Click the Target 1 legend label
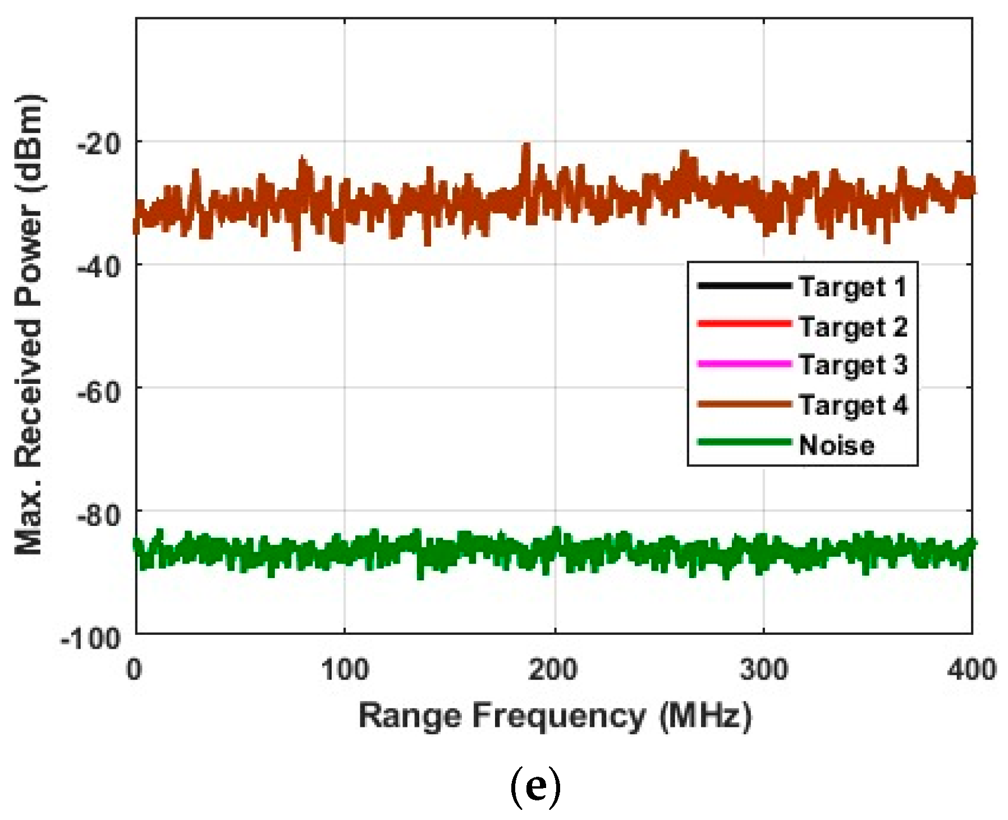(x=853, y=287)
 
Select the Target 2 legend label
(x=853, y=326)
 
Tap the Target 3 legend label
(x=853, y=365)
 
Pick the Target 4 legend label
(x=853, y=405)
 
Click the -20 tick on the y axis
(x=98, y=144)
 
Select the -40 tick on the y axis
(x=98, y=267)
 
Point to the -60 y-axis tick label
(x=98, y=390)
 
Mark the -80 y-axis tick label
(x=98, y=514)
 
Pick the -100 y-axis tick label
(x=91, y=638)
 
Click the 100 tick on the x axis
(x=345, y=670)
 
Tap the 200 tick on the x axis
(x=555, y=670)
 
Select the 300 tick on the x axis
(x=764, y=670)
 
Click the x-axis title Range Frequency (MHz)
(x=555, y=717)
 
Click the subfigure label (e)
(x=535, y=788)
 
